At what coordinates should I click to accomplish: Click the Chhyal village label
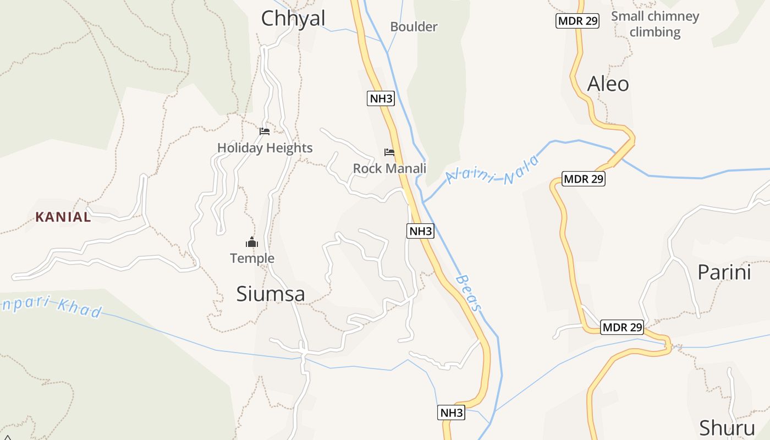pos(293,18)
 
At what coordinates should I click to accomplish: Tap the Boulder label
pos(414,26)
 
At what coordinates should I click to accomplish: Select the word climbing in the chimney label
pos(654,32)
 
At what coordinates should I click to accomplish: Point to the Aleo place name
pos(608,84)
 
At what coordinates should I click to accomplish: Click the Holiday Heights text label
pos(265,147)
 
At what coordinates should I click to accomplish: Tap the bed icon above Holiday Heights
pos(265,131)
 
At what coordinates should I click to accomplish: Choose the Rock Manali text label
pos(389,168)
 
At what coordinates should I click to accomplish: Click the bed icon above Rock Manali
pos(389,152)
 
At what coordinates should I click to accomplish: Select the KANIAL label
pos(63,217)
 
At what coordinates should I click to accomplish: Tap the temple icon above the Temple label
pos(252,241)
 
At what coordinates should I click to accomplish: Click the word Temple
pos(252,258)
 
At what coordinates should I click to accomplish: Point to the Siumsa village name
pos(271,294)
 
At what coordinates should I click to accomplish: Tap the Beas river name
pos(469,293)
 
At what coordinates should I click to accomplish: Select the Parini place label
pos(724,272)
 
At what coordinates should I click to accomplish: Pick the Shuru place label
pos(727,427)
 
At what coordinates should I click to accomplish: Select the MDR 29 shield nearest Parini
pos(622,327)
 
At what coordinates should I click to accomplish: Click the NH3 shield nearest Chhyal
pos(381,98)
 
